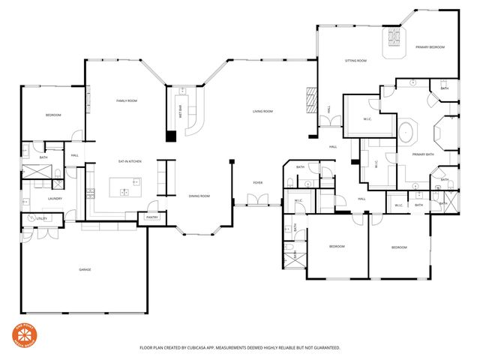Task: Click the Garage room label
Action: [85, 269]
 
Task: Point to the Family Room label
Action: [126, 100]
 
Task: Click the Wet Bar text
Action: [180, 110]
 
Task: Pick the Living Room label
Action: [262, 112]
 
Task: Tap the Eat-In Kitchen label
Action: [130, 161]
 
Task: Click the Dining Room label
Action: [199, 196]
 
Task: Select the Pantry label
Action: [151, 217]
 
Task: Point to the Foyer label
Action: [257, 182]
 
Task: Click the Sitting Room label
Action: [355, 60]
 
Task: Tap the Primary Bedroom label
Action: [430, 47]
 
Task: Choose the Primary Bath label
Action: [423, 155]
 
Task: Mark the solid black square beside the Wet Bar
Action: [171, 136]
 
